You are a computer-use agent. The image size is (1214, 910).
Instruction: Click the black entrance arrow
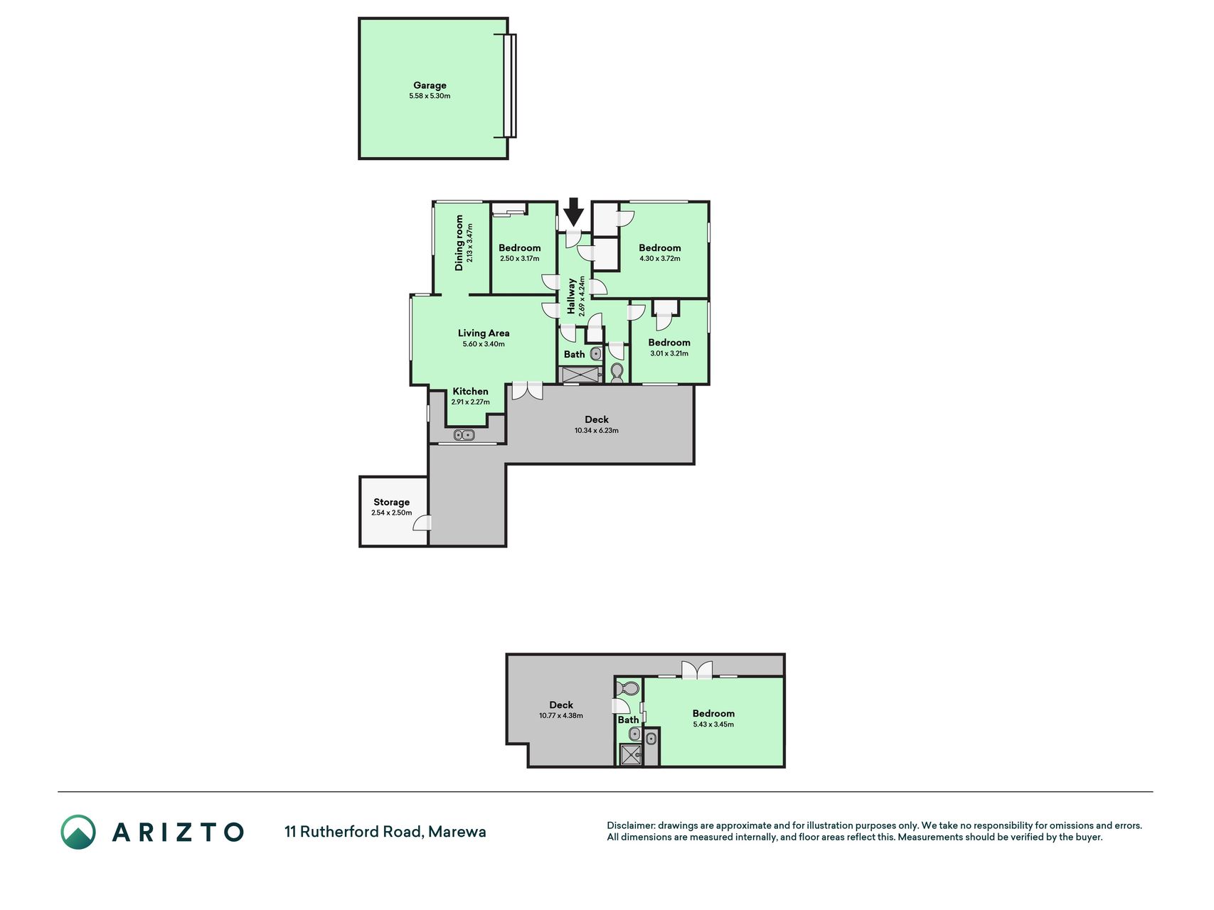pyautogui.click(x=574, y=213)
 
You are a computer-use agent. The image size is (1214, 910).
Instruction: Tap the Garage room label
pyautogui.click(x=430, y=85)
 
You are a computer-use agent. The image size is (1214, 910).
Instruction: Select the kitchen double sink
pyautogui.click(x=464, y=435)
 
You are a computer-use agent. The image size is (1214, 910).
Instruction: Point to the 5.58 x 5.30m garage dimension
pyautogui.click(x=430, y=96)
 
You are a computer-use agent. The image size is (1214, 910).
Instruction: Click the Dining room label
pyautogui.click(x=459, y=242)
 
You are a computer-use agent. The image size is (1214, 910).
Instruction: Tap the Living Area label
pyautogui.click(x=484, y=333)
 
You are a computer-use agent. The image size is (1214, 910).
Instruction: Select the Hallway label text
pyautogui.click(x=571, y=296)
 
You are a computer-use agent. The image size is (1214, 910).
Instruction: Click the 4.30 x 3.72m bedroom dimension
pyautogui.click(x=659, y=259)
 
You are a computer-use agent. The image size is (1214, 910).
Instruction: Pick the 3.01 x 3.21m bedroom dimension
pyautogui.click(x=669, y=353)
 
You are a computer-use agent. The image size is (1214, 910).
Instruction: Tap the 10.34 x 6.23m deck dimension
pyautogui.click(x=597, y=431)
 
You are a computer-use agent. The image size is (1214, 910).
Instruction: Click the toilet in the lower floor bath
pyautogui.click(x=628, y=689)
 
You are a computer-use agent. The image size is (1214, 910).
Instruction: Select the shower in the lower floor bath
pyautogui.click(x=631, y=754)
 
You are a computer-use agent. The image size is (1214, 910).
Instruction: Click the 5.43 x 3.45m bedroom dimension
pyautogui.click(x=713, y=725)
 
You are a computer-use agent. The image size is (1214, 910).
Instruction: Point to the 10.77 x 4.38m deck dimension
pyautogui.click(x=561, y=716)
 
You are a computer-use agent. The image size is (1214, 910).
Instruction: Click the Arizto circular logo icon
pyautogui.click(x=78, y=832)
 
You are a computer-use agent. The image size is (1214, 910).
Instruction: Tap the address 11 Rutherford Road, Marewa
pyautogui.click(x=385, y=832)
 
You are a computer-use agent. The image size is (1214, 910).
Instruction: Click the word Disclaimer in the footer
pyautogui.click(x=630, y=826)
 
